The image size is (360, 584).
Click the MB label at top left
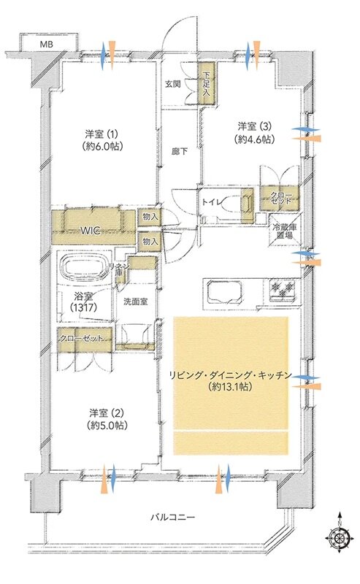46,45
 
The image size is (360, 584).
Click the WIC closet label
91,230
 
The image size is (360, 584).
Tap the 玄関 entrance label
173,83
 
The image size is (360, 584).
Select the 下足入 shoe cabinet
207,83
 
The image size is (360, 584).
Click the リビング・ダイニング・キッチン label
231,380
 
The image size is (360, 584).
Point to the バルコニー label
172,517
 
